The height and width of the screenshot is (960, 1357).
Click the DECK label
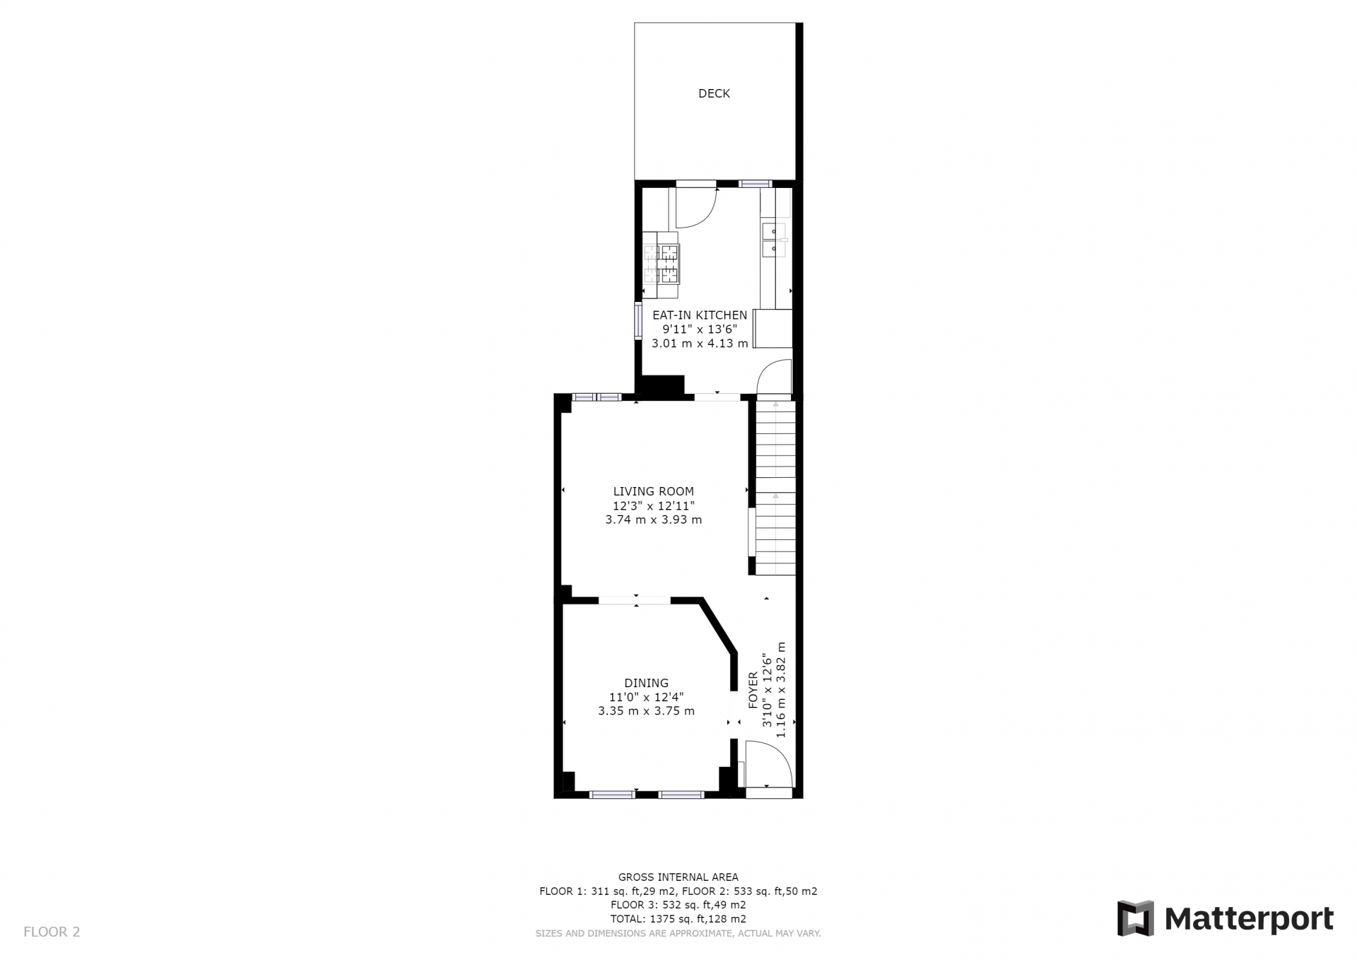714,93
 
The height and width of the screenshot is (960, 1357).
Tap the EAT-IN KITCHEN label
699,315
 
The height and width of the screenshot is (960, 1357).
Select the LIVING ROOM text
654,491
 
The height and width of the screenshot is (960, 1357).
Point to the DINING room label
646,683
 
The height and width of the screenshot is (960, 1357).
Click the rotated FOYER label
753,691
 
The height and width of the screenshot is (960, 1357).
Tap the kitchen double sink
774,240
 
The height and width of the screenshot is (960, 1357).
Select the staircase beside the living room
776,488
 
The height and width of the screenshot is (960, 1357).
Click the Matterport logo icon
1135,918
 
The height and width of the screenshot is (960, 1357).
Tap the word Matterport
1249,919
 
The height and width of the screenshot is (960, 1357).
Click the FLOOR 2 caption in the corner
52,932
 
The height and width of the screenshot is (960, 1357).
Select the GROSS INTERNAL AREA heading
678,877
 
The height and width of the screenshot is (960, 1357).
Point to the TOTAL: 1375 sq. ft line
678,919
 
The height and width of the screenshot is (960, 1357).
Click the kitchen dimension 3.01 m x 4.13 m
700,344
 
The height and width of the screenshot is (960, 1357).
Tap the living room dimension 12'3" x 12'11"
654,505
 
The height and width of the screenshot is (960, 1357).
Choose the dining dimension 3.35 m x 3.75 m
646,711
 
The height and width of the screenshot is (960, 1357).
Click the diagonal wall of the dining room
718,626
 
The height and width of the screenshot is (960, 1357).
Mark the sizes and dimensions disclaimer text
678,933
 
